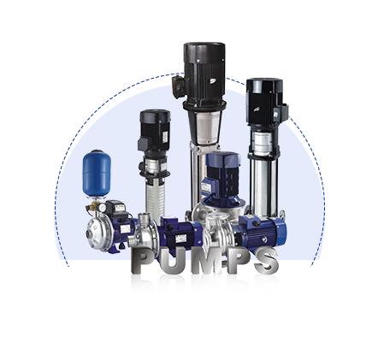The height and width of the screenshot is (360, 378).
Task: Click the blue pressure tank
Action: coord(97,173)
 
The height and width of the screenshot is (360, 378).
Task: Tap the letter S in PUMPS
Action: coord(266,261)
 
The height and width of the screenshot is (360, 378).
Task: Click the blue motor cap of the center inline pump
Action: coord(223,161)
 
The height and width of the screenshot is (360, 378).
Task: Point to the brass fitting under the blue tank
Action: coord(93,209)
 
